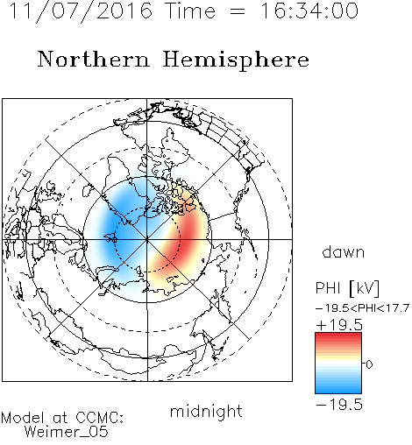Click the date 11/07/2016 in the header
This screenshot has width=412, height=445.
[81, 11]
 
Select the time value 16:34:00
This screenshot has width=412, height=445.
[309, 11]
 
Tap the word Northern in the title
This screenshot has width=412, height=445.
[94, 60]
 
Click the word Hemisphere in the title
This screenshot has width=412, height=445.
[236, 60]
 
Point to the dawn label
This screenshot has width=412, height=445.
[344, 252]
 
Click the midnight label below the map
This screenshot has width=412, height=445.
[206, 411]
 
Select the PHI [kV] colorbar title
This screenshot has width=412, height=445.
[347, 288]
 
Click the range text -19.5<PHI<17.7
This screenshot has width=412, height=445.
[362, 308]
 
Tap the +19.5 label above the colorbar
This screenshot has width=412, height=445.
[339, 325]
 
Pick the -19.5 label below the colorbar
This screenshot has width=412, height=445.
[339, 405]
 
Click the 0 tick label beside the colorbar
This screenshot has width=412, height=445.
[369, 364]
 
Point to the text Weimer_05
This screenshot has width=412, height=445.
[67, 432]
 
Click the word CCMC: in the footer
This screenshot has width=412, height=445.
[99, 418]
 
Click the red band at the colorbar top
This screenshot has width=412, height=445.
[338, 336]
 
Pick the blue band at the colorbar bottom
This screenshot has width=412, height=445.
[338, 390]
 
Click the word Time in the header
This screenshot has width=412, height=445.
[190, 11]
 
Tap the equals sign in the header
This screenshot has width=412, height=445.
[238, 12]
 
